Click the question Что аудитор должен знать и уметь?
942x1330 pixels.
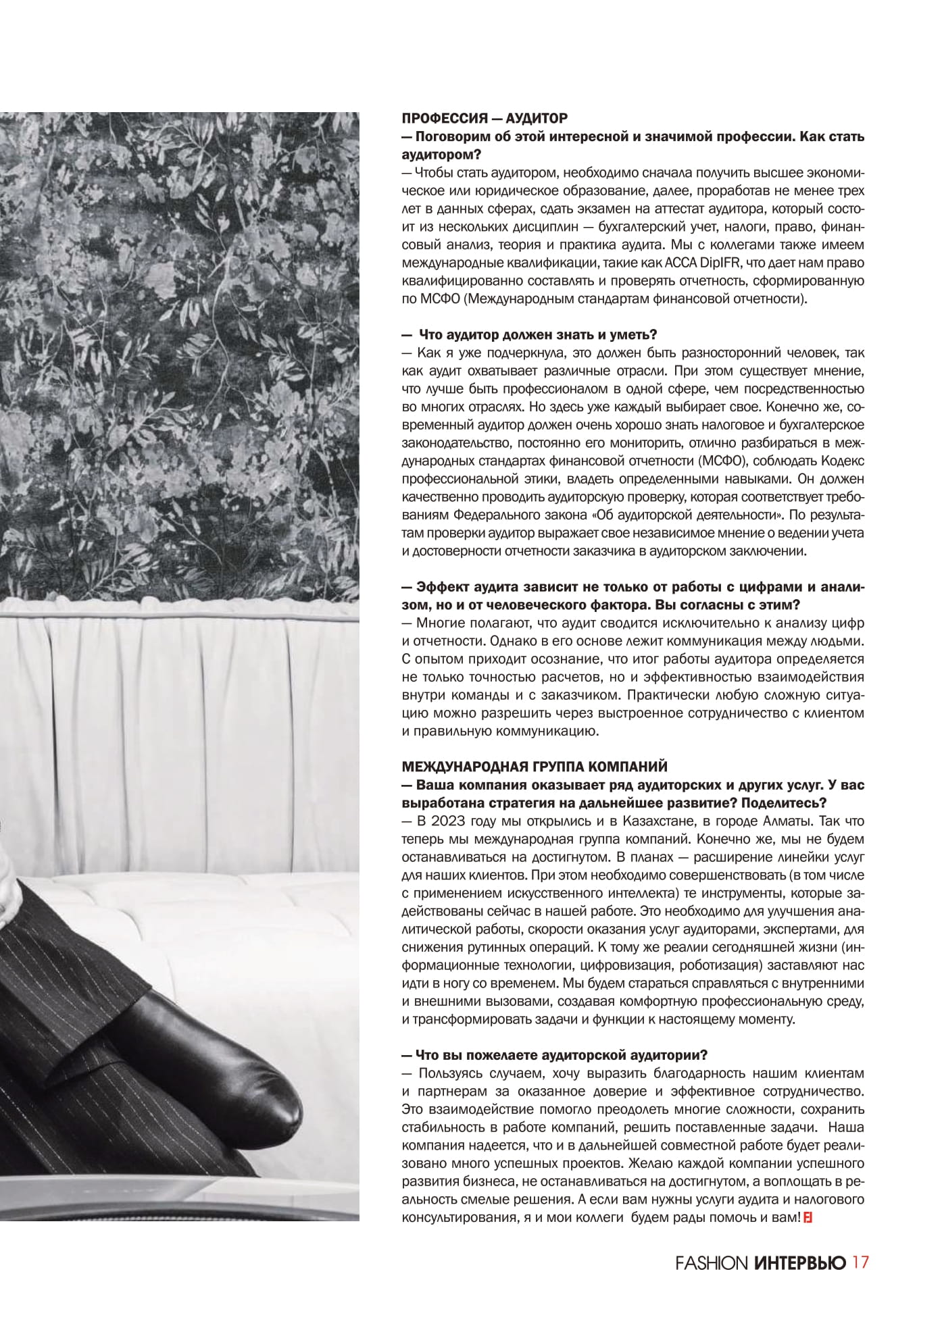[x=538, y=335]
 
